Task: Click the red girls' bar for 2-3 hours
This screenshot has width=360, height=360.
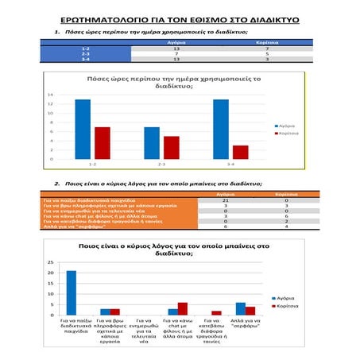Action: [x=172, y=147]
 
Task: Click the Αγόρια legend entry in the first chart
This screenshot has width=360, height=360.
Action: [x=286, y=126]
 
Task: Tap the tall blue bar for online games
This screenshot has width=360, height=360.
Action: [x=71, y=292]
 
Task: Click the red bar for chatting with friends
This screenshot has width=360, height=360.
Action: [x=183, y=308]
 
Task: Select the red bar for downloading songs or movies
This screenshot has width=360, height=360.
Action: [x=217, y=312]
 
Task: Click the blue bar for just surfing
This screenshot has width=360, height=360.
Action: [x=241, y=308]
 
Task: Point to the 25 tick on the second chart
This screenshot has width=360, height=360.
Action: [x=50, y=262]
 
